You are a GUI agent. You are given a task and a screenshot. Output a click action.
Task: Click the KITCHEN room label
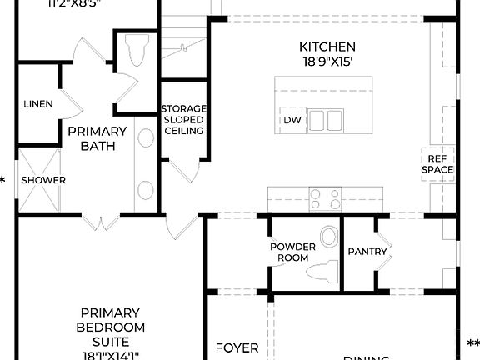coord(327,47)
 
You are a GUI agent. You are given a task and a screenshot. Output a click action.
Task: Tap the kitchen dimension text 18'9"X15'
coord(327,61)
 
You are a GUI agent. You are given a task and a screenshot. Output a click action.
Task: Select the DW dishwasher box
coord(292,120)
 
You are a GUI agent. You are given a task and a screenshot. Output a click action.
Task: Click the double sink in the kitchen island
coord(330,119)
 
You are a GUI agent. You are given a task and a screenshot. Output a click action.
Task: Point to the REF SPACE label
coord(438,164)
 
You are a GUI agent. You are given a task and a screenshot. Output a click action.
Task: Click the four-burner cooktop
coord(325,198)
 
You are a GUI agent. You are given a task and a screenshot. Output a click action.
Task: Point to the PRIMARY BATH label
coord(97,138)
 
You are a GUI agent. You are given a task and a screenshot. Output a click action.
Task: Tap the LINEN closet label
coord(38,104)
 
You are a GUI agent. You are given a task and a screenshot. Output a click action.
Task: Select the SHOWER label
coord(43,180)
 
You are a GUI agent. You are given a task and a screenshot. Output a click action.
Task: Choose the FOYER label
coord(237,347)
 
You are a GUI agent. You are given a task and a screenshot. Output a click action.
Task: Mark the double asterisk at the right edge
coord(472,344)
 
